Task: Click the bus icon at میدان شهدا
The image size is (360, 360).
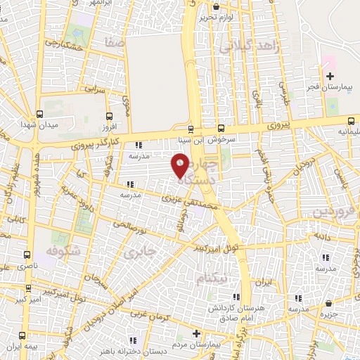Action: pos(40,113)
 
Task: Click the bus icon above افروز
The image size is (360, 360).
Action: pos(108,117)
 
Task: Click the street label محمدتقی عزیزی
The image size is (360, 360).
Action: pos(191,202)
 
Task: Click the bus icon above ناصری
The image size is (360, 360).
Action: pos(27,255)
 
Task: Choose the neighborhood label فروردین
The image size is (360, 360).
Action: pos(330,212)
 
